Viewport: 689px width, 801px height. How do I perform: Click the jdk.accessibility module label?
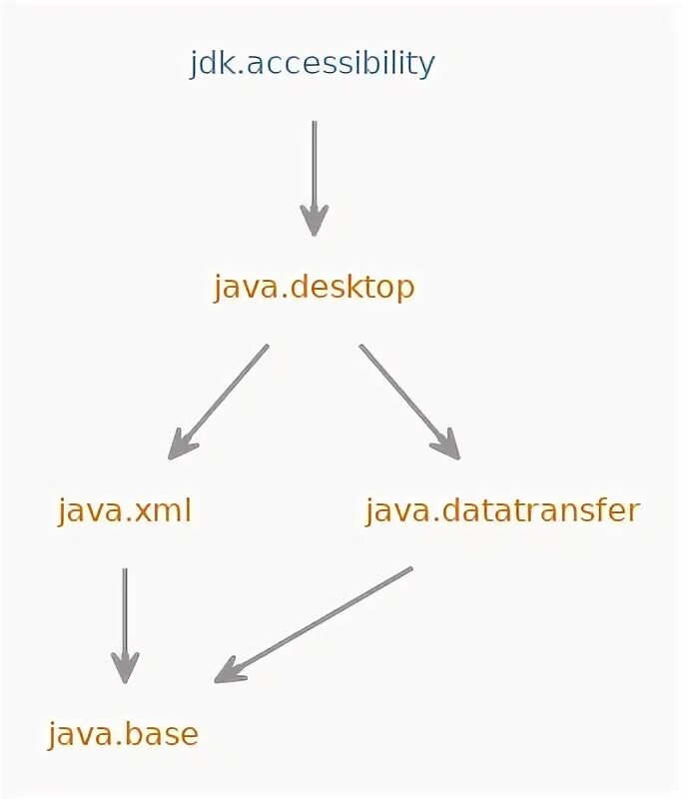[x=313, y=64]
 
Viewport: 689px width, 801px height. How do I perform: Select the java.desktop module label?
[x=314, y=288]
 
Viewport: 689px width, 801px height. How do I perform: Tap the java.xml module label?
[x=124, y=511]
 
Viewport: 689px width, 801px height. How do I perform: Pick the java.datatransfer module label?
[x=501, y=511]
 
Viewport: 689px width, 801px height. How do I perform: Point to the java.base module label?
[x=123, y=735]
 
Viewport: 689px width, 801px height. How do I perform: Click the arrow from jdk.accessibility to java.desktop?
[x=315, y=170]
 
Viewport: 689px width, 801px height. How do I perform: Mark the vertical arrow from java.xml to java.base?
[x=125, y=619]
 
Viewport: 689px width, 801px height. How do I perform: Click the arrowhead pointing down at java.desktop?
[x=315, y=222]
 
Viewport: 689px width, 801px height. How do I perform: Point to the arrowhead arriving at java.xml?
[x=181, y=445]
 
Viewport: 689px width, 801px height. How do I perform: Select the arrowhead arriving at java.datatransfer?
[x=447, y=444]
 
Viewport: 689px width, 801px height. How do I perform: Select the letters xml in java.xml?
[x=162, y=511]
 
